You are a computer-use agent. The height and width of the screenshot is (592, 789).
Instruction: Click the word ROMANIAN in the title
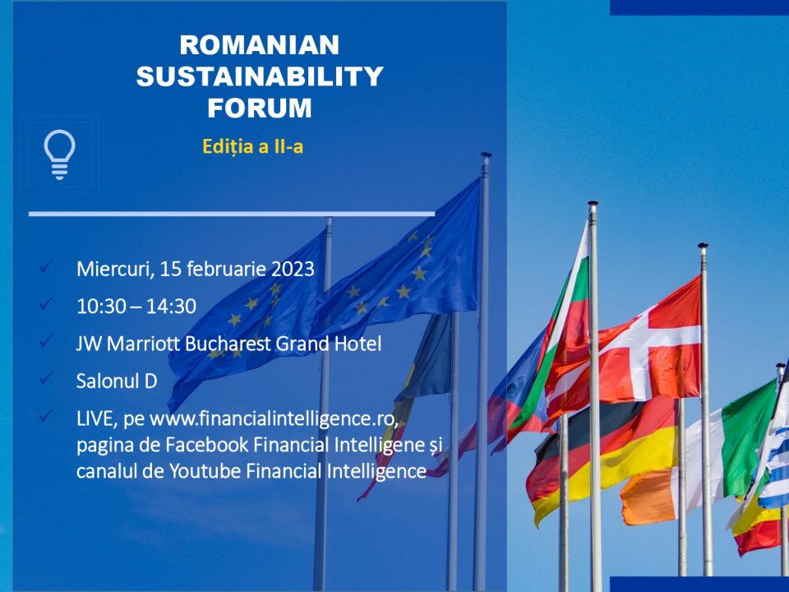260,45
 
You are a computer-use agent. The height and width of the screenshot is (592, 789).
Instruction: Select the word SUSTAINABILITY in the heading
260,76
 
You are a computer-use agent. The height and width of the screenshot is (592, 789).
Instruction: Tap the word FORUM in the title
260,109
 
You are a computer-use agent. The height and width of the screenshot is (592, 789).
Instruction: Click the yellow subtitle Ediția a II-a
252,146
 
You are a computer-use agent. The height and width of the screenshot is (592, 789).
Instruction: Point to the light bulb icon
59,154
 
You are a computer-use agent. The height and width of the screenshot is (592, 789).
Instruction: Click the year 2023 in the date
293,270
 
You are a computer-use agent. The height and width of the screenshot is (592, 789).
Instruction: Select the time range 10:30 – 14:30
136,307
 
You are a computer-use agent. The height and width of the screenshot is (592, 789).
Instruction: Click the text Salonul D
117,382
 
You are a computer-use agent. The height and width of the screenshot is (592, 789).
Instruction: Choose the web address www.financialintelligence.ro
275,419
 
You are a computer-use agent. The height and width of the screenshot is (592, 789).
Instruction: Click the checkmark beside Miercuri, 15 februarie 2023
46,266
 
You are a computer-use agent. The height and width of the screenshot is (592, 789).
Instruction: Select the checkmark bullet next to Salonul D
46,378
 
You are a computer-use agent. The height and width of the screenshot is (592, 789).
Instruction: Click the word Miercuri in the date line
115,270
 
